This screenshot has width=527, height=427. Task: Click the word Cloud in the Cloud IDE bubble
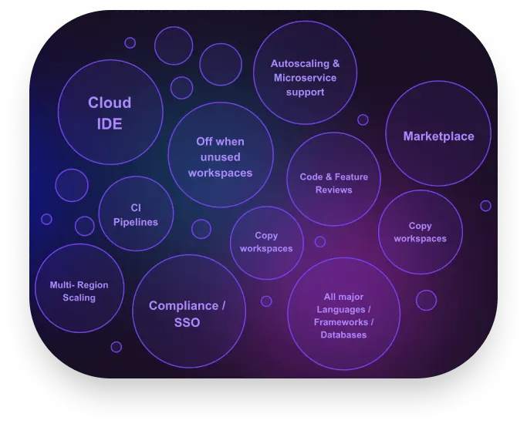pos(110,103)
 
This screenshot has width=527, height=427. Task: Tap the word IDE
pos(110,123)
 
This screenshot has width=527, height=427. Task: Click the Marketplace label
pos(438,136)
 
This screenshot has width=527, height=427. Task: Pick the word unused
pos(220,157)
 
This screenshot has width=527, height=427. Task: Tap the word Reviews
pos(333,190)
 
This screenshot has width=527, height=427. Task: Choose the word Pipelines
pos(135,222)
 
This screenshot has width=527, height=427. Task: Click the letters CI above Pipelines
pos(135,208)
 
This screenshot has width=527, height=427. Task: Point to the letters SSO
pos(187,322)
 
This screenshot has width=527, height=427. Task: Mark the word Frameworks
pos(340,322)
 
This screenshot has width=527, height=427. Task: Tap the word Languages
pos(340,309)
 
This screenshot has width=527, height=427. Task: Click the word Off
pos(204,142)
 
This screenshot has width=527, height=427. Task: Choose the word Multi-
pos(62,285)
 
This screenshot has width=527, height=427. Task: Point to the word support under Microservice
pos(305,92)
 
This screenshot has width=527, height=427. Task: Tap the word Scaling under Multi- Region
pos(79,298)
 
